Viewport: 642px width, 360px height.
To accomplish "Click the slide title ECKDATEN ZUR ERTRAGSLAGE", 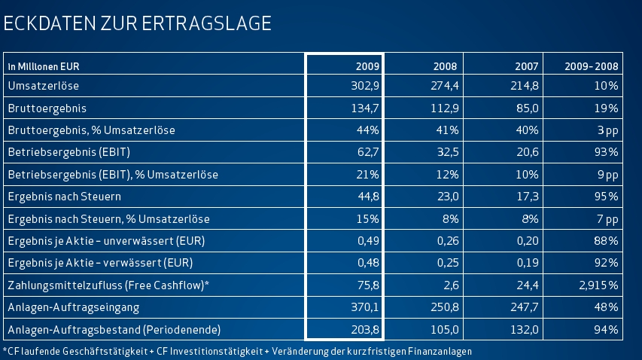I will click(x=137, y=24).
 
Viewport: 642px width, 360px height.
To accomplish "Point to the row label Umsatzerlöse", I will click(x=43, y=86).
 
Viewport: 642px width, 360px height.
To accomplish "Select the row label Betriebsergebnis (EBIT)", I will click(x=68, y=152).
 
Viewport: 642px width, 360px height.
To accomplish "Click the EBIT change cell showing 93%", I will click(x=607, y=152).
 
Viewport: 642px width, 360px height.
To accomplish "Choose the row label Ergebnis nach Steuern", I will click(x=64, y=197).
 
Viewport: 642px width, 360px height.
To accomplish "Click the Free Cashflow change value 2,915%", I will click(x=598, y=285).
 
